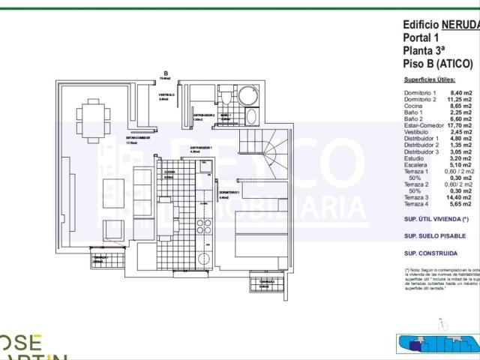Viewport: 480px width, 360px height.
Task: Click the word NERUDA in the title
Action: coord(460,23)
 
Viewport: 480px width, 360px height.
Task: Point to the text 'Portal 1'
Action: coord(421,37)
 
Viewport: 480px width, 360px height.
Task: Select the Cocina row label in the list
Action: coord(415,106)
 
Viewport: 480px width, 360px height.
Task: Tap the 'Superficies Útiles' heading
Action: coord(428,79)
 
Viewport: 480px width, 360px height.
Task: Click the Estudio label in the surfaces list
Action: coord(415,158)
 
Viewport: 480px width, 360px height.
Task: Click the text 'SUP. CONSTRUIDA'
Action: coord(432,253)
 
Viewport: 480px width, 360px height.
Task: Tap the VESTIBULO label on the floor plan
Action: coord(166,94)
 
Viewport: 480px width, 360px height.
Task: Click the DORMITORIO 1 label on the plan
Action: coord(229,192)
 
